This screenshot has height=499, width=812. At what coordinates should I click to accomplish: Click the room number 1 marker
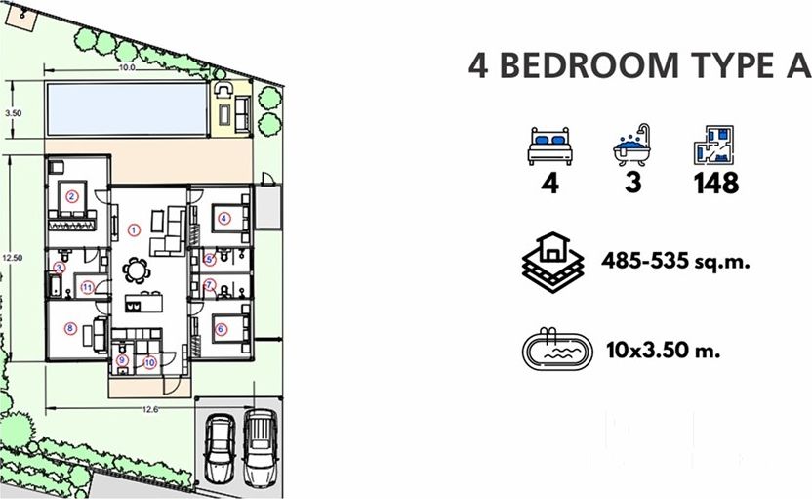[x=134, y=229]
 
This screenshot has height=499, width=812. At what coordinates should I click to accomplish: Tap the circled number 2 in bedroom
[x=72, y=196]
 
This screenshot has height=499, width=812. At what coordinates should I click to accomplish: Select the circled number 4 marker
[x=223, y=218]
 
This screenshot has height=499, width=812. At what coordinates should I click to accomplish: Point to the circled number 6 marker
[x=222, y=329]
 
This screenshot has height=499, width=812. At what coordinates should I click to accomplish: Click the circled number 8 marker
[x=70, y=328]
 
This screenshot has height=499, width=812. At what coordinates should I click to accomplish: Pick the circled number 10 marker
[x=149, y=362]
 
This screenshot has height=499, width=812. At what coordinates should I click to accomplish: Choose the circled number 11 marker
[x=87, y=288]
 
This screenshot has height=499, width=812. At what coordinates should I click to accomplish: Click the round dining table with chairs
[x=137, y=270]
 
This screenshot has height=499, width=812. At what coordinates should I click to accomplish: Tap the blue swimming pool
[x=127, y=108]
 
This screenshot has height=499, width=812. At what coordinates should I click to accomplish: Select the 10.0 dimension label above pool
[x=127, y=67]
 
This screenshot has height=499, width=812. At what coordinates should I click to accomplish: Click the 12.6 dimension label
[x=150, y=410]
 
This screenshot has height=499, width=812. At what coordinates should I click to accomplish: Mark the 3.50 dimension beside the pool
[x=14, y=113]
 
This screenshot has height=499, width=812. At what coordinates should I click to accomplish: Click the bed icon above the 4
[x=550, y=146]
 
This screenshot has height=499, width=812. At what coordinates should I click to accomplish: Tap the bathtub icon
[x=631, y=146]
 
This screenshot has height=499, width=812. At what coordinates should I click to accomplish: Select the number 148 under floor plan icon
[x=716, y=183]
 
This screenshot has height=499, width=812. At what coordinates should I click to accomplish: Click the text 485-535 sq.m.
[x=675, y=260]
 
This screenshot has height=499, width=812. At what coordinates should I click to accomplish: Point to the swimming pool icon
[x=556, y=349]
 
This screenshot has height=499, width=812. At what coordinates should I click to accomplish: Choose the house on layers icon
[x=553, y=262]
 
